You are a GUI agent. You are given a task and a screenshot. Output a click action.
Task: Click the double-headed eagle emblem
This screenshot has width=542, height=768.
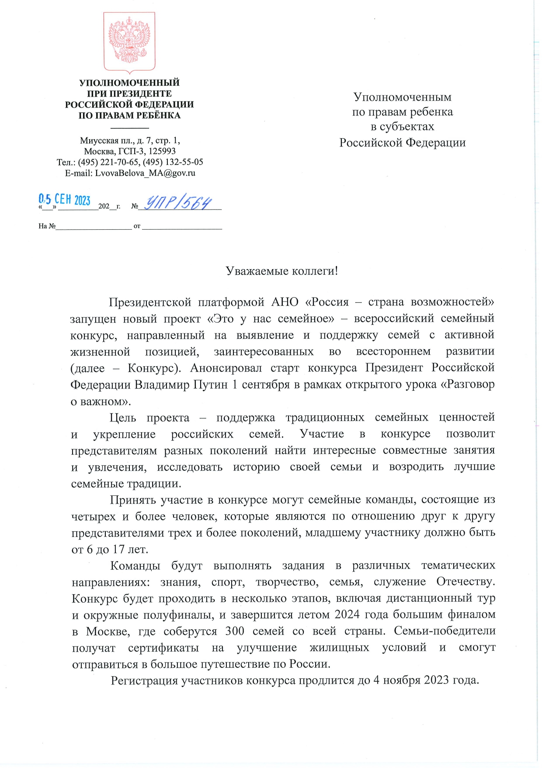pos(129,42)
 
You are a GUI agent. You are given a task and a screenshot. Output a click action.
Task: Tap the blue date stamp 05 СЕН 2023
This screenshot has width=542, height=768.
pos(64,200)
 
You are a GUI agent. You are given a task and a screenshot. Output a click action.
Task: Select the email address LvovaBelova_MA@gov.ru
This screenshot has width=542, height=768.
pos(145,173)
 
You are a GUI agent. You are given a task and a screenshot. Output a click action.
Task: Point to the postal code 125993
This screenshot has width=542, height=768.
pos(161,151)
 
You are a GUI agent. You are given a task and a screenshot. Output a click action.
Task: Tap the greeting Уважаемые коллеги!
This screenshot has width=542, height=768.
pos(282,271)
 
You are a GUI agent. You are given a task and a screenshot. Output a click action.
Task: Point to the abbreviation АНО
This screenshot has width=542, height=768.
pos(285,302)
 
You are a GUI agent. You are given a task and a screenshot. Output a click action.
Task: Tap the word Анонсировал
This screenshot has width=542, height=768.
pos(226,368)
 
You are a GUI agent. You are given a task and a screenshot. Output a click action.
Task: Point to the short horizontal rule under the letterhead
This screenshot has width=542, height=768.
pos(130,128)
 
